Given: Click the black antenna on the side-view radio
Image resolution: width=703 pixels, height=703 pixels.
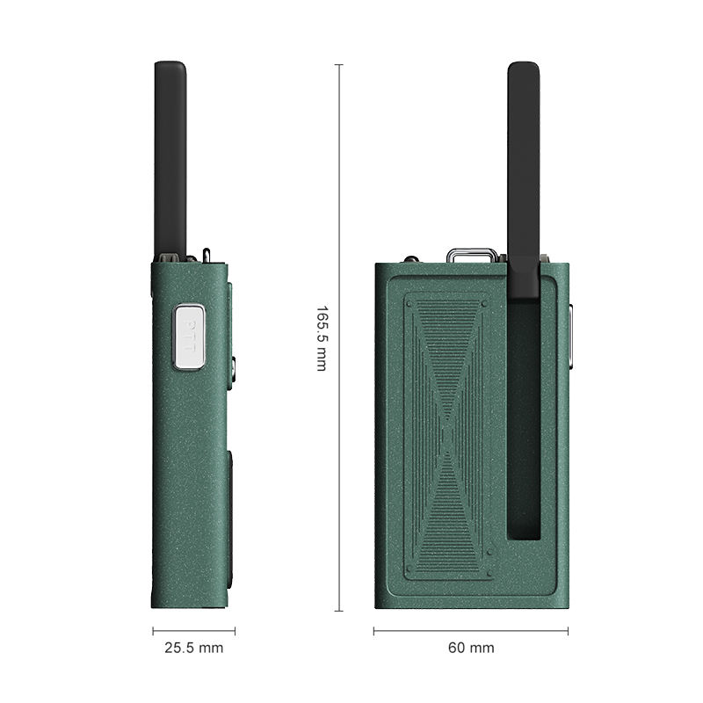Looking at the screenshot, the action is point(170,159).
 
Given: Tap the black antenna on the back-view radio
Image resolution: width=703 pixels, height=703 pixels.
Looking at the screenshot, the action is point(524,179).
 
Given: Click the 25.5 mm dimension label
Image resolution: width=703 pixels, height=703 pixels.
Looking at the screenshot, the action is point(193,648).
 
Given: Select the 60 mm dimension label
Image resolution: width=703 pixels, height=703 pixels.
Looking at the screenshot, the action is point(471,648).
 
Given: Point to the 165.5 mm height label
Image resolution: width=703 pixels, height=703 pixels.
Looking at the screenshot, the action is point(322,338).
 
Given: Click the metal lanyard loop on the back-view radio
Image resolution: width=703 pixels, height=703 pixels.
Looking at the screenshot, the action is point(472,256).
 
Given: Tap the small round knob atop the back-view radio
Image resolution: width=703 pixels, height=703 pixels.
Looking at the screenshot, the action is point(410,259).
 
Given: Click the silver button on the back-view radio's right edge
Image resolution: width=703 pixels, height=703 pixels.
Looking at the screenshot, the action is point(570,337).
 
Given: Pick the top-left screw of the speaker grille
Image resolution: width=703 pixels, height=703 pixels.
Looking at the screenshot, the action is point(409,304).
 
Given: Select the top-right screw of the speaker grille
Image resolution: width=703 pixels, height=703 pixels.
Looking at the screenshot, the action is point(484,304).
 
